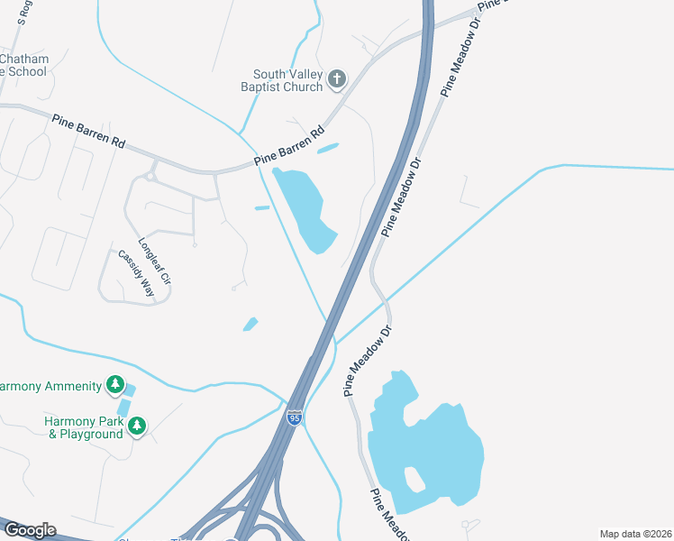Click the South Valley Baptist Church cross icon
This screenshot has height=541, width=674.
point(337,79)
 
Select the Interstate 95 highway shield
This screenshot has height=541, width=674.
point(294,417)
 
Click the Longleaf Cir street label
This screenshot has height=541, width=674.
point(154,261)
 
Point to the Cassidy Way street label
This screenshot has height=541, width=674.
point(135,272)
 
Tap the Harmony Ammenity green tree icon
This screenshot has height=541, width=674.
point(114,386)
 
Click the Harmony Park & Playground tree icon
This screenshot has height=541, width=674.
point(136,426)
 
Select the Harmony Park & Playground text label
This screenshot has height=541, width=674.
point(85,427)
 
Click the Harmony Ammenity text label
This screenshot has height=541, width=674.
point(50,387)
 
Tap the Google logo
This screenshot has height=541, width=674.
point(29,529)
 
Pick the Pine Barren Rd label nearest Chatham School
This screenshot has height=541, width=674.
point(88,130)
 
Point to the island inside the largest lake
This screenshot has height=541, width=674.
point(413,477)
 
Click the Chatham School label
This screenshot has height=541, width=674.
point(24,66)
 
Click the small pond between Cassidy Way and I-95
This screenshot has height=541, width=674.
point(250,324)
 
